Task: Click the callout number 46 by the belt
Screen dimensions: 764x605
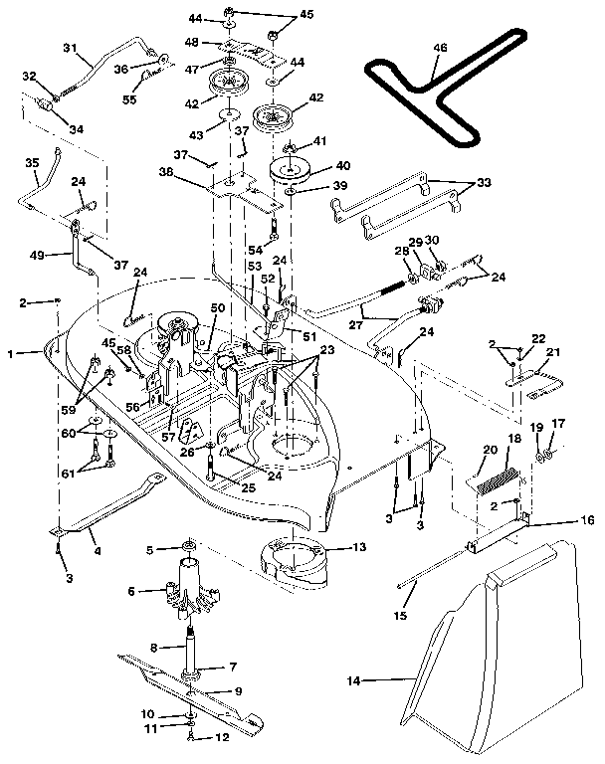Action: (x=440, y=48)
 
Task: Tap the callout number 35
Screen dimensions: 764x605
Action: (x=31, y=162)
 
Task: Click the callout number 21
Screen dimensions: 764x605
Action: (x=553, y=351)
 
